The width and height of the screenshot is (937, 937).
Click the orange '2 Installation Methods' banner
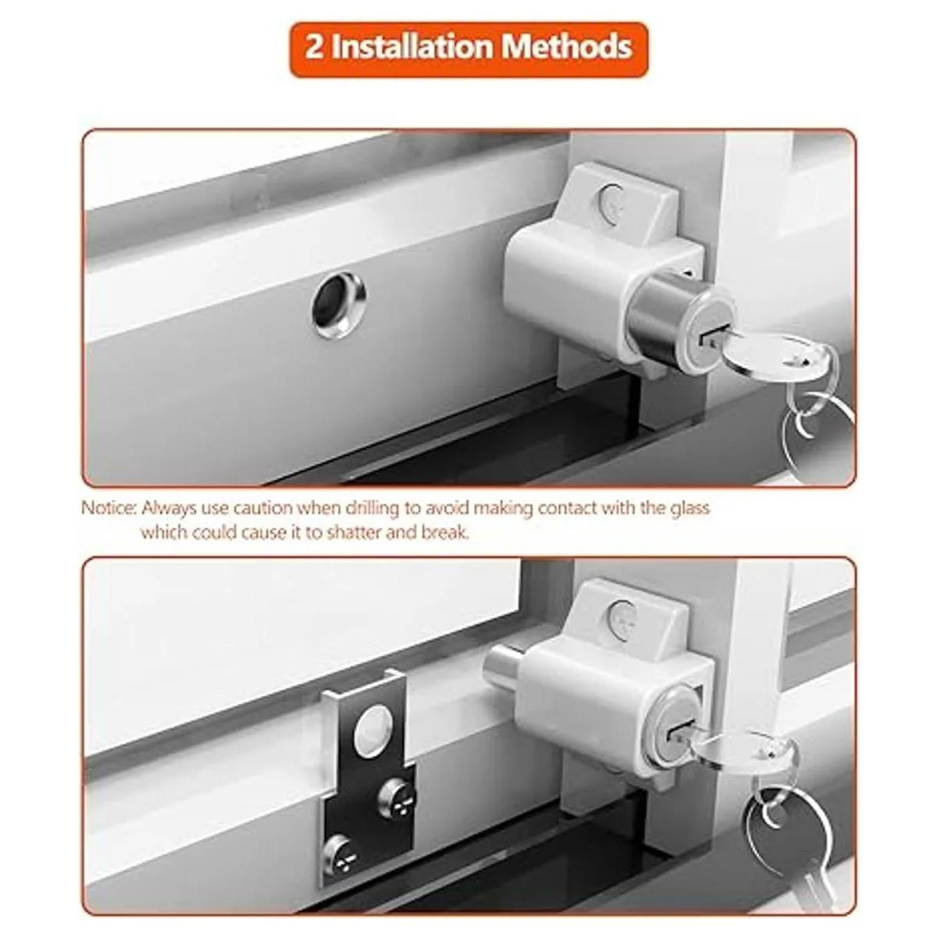point(468,49)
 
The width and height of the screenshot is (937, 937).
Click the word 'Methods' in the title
point(567,47)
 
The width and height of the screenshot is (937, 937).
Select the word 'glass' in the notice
point(689,508)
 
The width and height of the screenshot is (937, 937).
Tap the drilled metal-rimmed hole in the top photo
point(338,305)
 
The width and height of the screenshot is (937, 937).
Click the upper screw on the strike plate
point(396,796)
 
